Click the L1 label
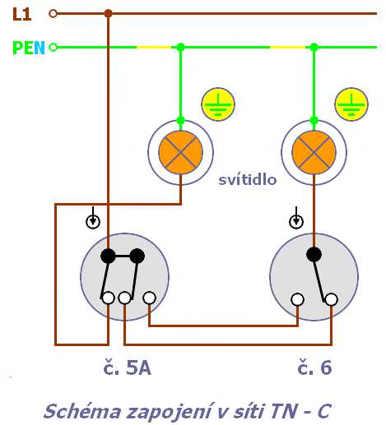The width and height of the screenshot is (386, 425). (22, 14)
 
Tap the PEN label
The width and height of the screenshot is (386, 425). (29, 48)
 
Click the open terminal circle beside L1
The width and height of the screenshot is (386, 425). (53, 13)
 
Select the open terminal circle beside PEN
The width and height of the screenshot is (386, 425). (53, 48)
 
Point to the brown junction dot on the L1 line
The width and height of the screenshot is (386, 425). (109, 13)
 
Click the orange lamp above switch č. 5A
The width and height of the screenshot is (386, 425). (180, 152)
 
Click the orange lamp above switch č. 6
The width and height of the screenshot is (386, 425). (314, 152)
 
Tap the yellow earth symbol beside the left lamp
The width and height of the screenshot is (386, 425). (218, 104)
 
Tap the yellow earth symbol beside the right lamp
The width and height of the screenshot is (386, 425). (351, 104)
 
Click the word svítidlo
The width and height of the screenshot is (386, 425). (248, 180)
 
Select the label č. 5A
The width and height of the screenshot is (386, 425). (127, 367)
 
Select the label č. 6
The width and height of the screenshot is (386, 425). (314, 367)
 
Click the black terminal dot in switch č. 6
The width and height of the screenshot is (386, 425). (314, 254)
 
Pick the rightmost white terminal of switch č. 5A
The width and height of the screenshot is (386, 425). (150, 298)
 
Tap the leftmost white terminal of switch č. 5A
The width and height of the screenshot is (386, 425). (108, 298)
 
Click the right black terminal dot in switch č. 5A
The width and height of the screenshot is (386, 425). (137, 256)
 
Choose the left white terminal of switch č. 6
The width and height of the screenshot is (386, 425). (298, 299)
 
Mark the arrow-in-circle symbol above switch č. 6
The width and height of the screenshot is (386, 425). (296, 218)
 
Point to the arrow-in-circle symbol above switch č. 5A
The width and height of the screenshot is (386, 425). (93, 218)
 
